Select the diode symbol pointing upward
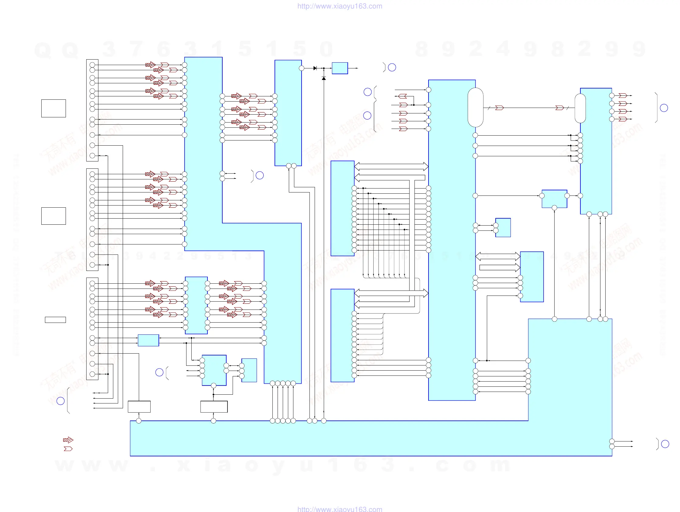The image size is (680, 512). [324, 78]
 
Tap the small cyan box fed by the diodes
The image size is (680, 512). [340, 68]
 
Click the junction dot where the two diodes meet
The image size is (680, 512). [324, 68]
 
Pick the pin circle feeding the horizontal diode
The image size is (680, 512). [302, 68]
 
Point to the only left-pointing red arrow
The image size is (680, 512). [403, 96]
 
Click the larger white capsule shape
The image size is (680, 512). [475, 107]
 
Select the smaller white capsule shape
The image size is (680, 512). [580, 108]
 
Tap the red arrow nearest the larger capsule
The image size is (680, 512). [500, 108]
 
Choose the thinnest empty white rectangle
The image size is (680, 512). [55, 320]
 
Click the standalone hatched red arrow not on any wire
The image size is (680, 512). [68, 440]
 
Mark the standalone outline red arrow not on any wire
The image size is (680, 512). [68, 449]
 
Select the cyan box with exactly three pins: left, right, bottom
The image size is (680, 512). [554, 199]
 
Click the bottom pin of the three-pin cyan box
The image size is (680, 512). [554, 208]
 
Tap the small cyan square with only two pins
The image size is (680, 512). [503, 228]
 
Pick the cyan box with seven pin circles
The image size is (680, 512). [214, 370]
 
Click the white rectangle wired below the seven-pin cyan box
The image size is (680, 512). [214, 406]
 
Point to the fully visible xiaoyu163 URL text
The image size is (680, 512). [340, 6]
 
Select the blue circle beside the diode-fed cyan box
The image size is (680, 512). [392, 67]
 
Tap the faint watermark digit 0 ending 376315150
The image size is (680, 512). [326, 49]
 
